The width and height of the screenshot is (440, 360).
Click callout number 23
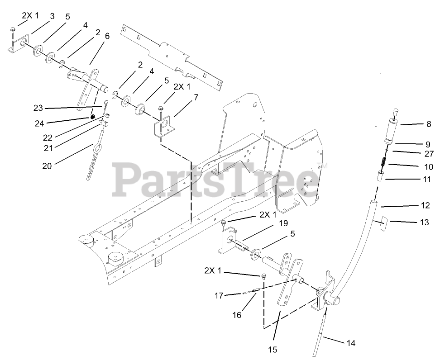coord(38,108)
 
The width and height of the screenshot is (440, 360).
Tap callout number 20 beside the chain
coord(47,166)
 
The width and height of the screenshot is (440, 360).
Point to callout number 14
coord(350,343)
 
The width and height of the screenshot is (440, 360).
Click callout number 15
coord(273,349)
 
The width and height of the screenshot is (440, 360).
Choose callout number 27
coord(429,153)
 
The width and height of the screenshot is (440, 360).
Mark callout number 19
coord(283,223)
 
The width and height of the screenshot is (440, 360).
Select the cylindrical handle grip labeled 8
coord(392,133)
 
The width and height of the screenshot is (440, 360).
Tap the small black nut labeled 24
coord(92,117)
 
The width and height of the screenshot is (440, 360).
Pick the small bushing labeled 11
coord(381,175)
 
